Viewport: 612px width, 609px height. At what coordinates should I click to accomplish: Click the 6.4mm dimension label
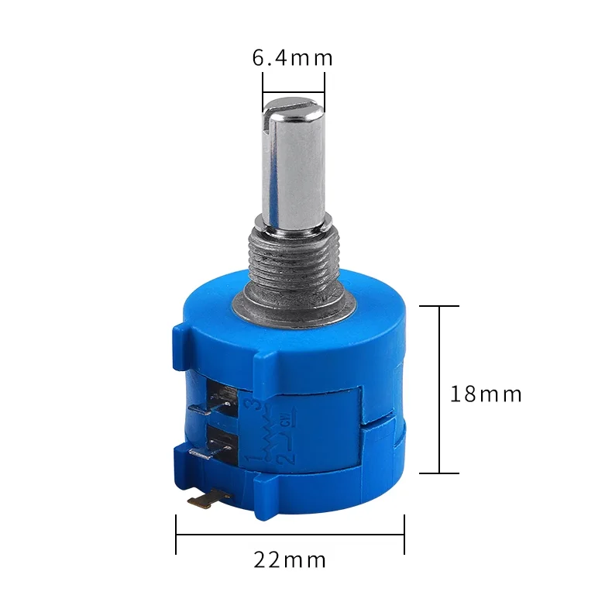point(292,58)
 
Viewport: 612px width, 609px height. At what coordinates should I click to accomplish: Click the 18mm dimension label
point(486,394)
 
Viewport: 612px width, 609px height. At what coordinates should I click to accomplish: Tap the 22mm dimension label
point(290,559)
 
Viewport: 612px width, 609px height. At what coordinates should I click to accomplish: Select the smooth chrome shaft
point(293,170)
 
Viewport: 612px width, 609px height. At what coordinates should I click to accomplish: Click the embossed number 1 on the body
point(250,460)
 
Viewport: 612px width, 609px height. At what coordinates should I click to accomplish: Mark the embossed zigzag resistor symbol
point(267,430)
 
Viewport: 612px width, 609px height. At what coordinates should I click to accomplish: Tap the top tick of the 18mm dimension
point(439,306)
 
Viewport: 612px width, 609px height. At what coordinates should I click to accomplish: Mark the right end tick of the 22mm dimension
point(404,534)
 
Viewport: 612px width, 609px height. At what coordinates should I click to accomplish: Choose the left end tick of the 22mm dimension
point(177,534)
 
